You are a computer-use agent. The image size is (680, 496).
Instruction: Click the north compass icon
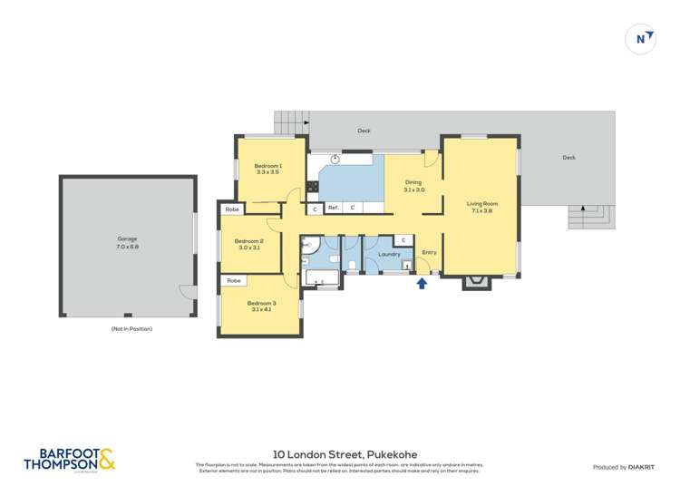tap(642, 38)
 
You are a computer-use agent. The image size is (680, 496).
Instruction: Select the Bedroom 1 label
tap(267, 169)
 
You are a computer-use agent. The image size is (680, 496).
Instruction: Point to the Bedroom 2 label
tap(250, 244)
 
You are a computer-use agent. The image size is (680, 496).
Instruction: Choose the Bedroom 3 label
tap(261, 306)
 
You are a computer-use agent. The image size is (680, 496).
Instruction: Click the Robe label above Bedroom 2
tap(232, 209)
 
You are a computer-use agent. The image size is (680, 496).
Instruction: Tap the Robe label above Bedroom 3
tap(234, 281)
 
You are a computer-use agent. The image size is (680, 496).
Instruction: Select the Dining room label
tap(413, 186)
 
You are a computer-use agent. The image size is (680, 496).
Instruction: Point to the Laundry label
tap(389, 255)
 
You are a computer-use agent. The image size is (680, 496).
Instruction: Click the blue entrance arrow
tap(421, 284)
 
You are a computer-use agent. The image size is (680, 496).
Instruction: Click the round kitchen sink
tap(335, 159)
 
